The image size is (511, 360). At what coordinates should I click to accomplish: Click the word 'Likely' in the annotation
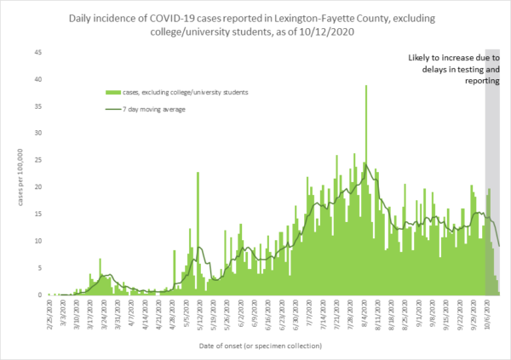420,58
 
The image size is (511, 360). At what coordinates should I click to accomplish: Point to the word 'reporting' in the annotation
480,81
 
